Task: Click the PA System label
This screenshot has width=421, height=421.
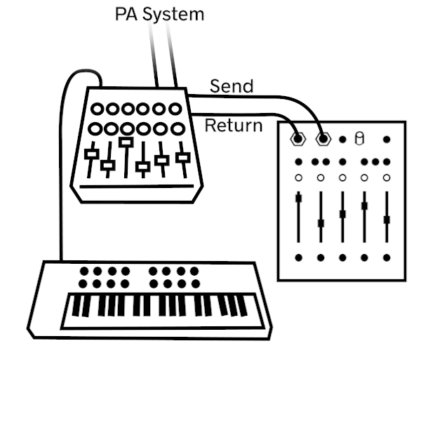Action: point(159,14)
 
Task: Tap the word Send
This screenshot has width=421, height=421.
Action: point(232,86)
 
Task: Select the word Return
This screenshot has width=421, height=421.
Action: point(234,126)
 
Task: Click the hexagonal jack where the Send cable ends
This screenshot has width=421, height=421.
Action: point(323,139)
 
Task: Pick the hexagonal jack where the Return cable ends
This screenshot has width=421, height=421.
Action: point(298,139)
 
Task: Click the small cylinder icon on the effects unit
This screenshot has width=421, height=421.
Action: point(359,138)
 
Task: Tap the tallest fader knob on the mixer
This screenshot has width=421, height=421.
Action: point(126,142)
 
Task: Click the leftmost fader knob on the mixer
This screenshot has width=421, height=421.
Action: point(91,154)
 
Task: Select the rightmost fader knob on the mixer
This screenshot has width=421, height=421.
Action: point(183,158)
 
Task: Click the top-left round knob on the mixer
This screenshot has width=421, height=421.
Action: point(98,109)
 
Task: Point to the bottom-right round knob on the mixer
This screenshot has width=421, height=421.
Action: point(178,129)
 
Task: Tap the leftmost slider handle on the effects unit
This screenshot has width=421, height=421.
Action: point(298,198)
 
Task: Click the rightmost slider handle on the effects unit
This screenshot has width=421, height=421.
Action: point(387,220)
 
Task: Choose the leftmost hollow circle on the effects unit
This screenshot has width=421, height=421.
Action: point(298,178)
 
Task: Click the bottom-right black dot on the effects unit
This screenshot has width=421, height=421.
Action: point(387,258)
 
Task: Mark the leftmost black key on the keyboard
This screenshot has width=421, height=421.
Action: point(76,306)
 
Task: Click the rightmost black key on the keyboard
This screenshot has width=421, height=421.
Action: point(242,306)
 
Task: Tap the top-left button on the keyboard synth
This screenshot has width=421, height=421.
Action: point(84,271)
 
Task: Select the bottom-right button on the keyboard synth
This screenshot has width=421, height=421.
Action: point(196,283)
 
